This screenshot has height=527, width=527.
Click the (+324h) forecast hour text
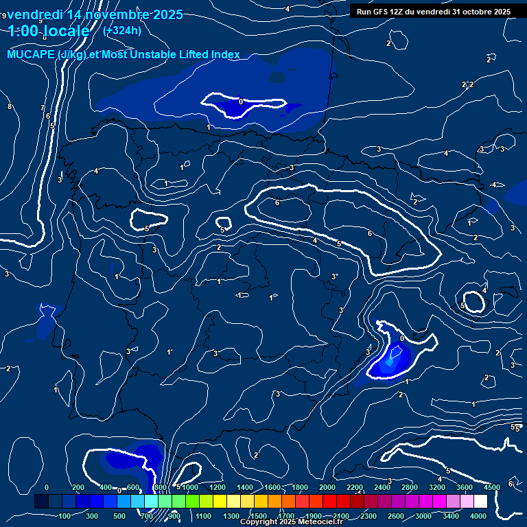click(122, 30)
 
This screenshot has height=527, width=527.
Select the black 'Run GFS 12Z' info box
click(434, 12)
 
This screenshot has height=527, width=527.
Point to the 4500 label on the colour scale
click(491, 487)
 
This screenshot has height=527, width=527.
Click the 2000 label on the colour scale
click(327, 487)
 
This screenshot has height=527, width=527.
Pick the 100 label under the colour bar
click(65, 516)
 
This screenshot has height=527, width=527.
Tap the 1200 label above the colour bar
click(217, 487)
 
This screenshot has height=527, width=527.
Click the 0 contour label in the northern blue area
click(240, 102)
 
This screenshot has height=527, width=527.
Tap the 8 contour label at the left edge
click(9, 106)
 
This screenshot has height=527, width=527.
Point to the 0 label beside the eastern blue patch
click(401, 338)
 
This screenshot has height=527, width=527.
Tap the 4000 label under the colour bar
click(478, 516)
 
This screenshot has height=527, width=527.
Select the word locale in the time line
click(65, 31)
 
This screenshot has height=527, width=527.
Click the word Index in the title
click(224, 55)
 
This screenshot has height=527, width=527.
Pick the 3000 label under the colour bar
click(423, 516)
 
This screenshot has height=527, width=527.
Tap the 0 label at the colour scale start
click(46, 487)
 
